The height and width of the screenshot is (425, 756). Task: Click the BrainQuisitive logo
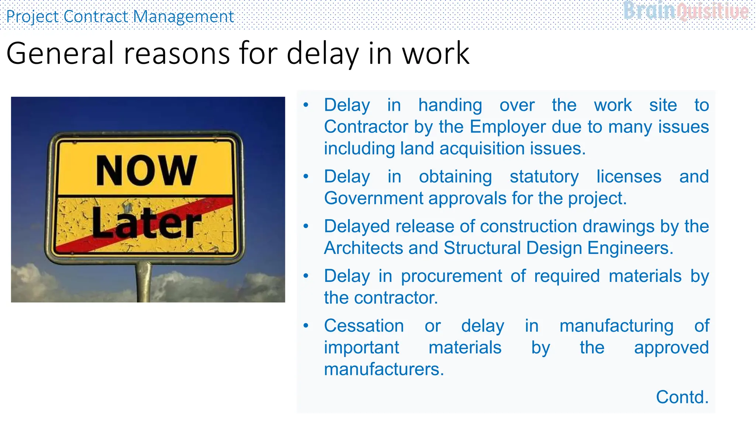[x=686, y=11]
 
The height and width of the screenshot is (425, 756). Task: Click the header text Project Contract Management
[x=120, y=17]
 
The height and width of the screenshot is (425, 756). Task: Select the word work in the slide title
[x=436, y=53]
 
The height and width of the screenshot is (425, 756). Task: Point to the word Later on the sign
[x=146, y=223]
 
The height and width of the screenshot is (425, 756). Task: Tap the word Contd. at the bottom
[x=682, y=397]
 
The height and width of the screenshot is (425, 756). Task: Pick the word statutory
[x=544, y=177]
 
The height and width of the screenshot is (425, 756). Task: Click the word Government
[x=374, y=198]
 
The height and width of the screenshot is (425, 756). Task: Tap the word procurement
[x=451, y=276]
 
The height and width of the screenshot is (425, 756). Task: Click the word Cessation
[x=364, y=326]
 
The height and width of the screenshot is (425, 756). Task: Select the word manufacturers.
[x=384, y=369]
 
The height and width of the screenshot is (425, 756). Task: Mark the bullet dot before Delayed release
[x=306, y=226]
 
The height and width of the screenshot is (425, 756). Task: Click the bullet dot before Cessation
[x=306, y=326]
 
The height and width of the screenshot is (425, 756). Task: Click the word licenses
[x=629, y=177]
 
